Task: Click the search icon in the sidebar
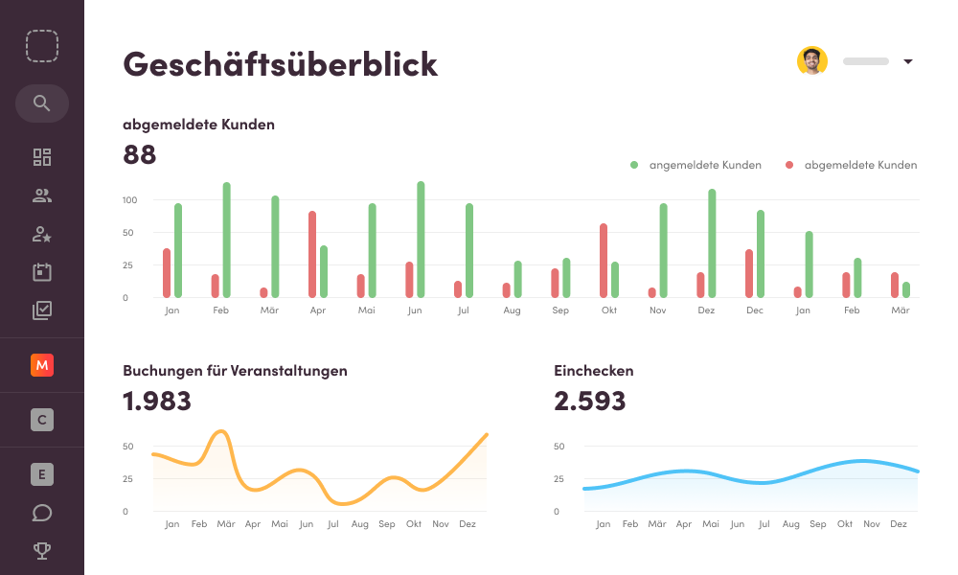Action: [41, 103]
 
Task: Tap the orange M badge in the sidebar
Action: [41, 365]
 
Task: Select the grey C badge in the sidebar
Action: [41, 420]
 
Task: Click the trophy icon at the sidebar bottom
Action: [41, 550]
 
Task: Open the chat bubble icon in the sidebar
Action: [41, 513]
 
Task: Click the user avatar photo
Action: [811, 61]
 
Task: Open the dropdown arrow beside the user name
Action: [908, 62]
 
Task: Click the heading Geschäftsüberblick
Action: [280, 63]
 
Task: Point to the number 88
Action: [140, 154]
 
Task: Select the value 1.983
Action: [157, 401]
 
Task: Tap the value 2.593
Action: [589, 401]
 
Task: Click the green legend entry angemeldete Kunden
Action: [696, 165]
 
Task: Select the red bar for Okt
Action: [604, 261]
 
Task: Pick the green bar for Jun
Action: [421, 240]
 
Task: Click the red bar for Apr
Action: [312, 254]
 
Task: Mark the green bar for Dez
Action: [712, 243]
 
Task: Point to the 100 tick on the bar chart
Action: [130, 200]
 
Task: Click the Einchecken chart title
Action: [593, 371]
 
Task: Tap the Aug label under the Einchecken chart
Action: [790, 524]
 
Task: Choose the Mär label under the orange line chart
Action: [226, 524]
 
